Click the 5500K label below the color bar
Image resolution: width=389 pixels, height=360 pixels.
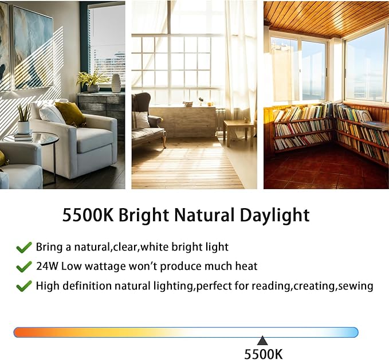click(263, 354)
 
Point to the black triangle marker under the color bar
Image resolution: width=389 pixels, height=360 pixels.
click(262, 341)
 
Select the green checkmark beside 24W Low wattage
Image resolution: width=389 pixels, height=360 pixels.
click(24, 267)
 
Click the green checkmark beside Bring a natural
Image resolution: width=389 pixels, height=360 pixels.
click(24, 248)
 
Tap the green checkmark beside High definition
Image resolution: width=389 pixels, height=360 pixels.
click(24, 285)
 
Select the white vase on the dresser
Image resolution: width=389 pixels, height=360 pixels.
click(116, 83)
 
